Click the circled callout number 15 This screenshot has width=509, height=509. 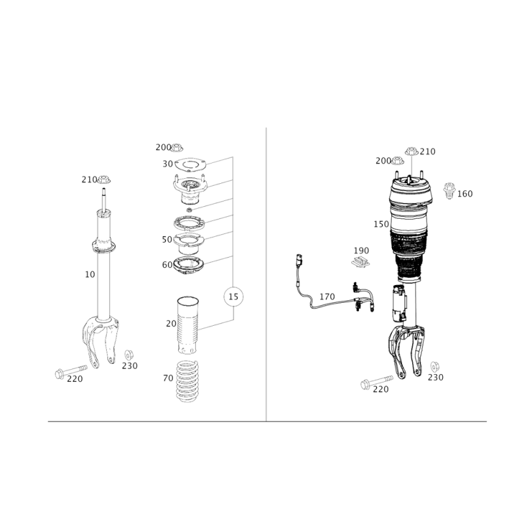(234, 296)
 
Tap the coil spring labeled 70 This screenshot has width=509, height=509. (187, 381)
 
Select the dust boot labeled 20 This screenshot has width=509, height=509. (188, 325)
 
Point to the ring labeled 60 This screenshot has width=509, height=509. (188, 265)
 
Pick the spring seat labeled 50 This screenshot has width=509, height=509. (188, 244)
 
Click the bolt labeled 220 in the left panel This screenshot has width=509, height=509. (71, 372)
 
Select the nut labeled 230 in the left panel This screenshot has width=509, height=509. (129, 355)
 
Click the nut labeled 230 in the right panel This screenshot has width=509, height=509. (435, 366)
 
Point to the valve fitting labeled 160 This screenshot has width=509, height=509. (449, 190)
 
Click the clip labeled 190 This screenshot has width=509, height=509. (361, 261)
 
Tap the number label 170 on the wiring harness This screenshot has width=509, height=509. (327, 296)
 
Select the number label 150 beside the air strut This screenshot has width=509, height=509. (381, 224)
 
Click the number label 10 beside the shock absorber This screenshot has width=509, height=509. (90, 274)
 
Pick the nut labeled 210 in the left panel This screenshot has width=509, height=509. (104, 179)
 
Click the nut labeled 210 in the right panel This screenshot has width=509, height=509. (411, 151)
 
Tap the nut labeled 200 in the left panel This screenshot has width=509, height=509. (177, 147)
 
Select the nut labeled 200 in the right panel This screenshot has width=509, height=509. (397, 160)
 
